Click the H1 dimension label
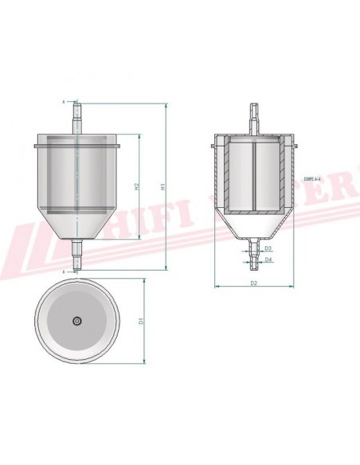pyautogui.click(x=162, y=187)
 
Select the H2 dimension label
pyautogui.click(x=138, y=187)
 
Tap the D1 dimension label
pyautogui.click(x=142, y=321)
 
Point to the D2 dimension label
pyautogui.click(x=253, y=283)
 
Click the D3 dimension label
pyautogui.click(x=269, y=249)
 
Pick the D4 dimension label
pyautogui.click(x=269, y=260)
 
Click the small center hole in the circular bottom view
pyautogui.click(x=76, y=321)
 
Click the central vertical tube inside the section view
pyautogui.click(x=253, y=175)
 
